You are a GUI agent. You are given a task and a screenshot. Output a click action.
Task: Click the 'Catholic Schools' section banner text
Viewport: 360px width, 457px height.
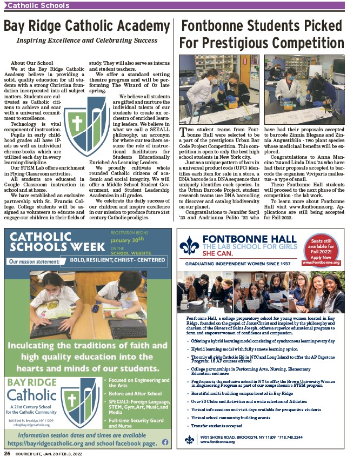[x=38, y=6]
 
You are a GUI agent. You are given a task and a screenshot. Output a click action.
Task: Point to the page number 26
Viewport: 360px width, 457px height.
[x=8, y=453]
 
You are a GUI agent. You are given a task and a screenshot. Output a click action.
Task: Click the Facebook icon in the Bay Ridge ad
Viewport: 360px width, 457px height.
[x=164, y=441]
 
